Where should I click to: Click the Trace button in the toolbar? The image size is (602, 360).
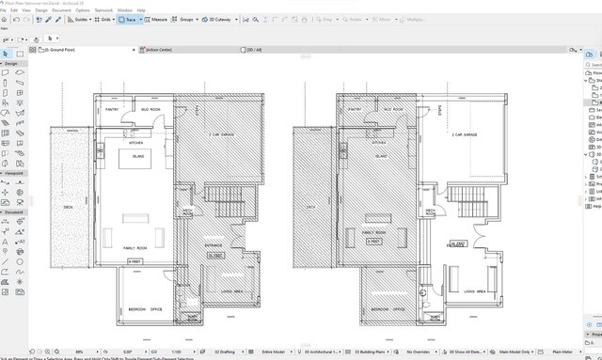(127, 19)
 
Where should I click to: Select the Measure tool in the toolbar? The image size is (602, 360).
(157, 19)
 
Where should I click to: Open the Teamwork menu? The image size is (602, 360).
(103, 10)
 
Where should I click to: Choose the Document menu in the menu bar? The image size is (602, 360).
(60, 10)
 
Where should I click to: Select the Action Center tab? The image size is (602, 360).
(158, 49)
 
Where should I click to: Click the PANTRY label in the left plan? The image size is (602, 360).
(111, 109)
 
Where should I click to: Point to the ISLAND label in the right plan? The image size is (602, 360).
(381, 156)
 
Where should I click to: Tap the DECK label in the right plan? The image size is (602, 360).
(309, 208)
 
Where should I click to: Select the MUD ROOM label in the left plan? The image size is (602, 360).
(150, 110)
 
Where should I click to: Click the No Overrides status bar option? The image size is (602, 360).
(400, 350)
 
